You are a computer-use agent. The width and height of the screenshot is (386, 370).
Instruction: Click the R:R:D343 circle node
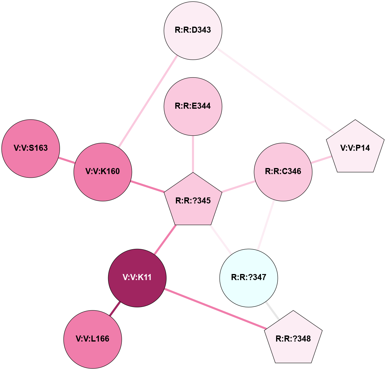(x=193, y=30)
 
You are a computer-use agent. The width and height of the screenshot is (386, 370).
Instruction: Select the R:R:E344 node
(x=193, y=106)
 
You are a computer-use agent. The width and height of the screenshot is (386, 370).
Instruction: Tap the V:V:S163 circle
(x=31, y=148)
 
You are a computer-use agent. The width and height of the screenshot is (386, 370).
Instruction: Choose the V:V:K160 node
(x=103, y=172)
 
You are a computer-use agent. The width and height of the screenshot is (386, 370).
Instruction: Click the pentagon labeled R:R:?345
(x=193, y=200)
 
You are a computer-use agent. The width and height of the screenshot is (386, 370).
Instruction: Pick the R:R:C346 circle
(x=283, y=172)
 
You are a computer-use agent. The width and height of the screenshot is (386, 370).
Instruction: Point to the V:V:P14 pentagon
(x=355, y=148)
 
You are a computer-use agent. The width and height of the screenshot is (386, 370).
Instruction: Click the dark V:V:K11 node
(x=137, y=278)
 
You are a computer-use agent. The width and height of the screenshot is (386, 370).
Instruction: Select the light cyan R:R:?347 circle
(x=249, y=278)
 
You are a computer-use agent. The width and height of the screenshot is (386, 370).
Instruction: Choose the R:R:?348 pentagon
(x=293, y=339)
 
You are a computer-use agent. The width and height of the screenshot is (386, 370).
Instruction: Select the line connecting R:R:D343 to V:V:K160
(x=148, y=101)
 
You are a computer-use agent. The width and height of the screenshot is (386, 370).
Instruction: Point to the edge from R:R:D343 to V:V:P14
(x=275, y=91)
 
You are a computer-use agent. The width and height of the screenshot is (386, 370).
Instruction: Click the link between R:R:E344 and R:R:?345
(x=193, y=154)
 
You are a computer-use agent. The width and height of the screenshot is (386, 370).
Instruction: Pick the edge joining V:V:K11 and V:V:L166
(x=115, y=309)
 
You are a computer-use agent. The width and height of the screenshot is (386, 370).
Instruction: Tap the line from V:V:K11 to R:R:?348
(x=215, y=309)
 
